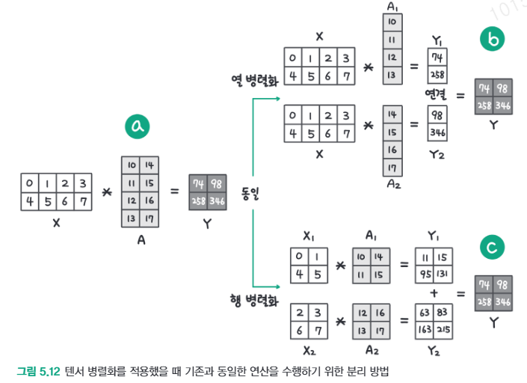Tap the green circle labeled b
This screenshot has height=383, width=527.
point(493,39)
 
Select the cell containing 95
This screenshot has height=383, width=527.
point(425,273)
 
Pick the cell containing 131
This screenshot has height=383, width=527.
point(443,273)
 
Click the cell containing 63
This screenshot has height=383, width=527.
point(425,310)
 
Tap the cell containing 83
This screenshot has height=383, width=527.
point(443,310)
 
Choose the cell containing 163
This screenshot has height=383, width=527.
point(425,328)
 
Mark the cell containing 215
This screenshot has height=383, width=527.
point(443,328)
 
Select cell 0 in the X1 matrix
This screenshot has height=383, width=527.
point(300,256)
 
